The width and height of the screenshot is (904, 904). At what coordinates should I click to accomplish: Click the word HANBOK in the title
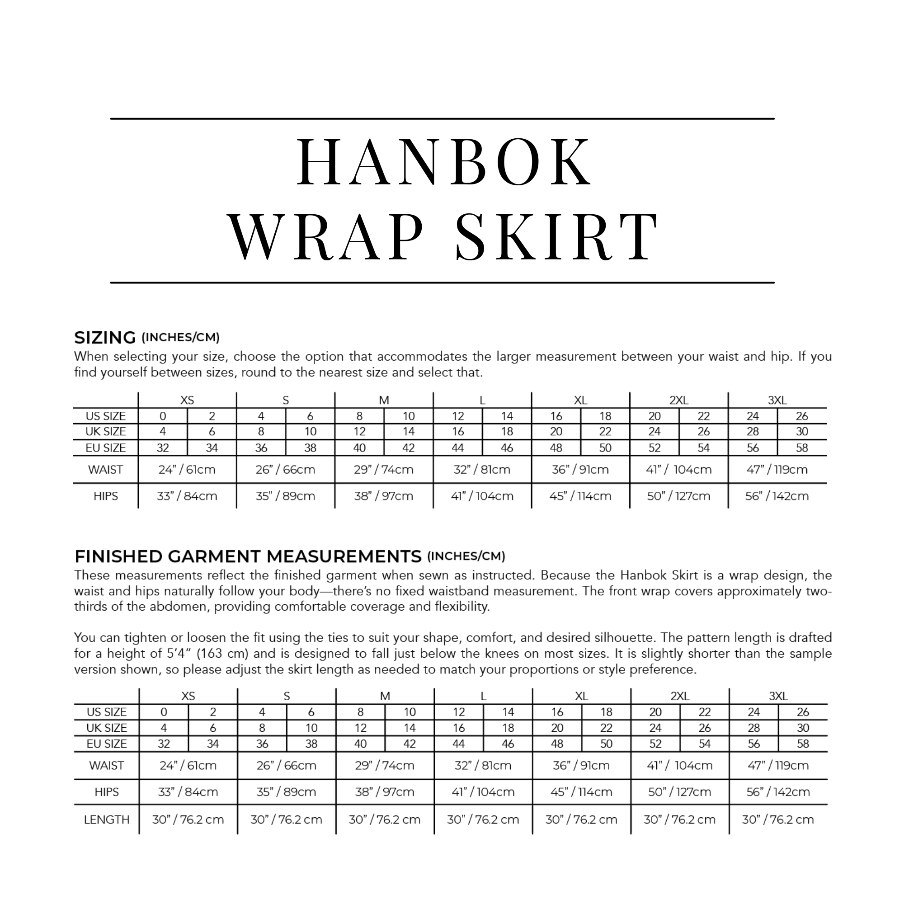[x=444, y=161]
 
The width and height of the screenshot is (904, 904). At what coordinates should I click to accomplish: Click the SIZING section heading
[x=105, y=337]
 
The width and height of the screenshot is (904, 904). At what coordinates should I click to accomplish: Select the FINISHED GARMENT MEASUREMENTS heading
[x=248, y=556]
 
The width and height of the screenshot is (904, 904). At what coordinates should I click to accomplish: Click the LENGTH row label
[x=107, y=819]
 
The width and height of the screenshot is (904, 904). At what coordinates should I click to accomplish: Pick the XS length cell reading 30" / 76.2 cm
[x=188, y=819]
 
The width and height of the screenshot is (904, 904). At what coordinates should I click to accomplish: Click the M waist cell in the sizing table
[x=384, y=469]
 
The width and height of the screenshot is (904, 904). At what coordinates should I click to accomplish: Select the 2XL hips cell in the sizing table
[x=678, y=496]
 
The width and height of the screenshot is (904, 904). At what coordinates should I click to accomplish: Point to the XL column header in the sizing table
[x=580, y=400]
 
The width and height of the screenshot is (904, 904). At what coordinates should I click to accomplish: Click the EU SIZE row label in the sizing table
[x=106, y=448]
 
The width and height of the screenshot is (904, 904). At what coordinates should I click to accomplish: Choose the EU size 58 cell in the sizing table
[x=802, y=448]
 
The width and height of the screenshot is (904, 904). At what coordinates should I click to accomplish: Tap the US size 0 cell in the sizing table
[x=163, y=416]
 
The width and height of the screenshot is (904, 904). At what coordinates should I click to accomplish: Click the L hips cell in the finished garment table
[x=483, y=792]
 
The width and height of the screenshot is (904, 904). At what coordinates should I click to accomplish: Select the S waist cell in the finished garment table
[x=287, y=766]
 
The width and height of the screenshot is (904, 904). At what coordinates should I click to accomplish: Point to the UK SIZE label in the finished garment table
[x=107, y=728]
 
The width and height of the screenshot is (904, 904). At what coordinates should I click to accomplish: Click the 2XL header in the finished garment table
[x=679, y=696]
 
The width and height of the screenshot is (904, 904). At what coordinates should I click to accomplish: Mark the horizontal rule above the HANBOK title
[x=442, y=119]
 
